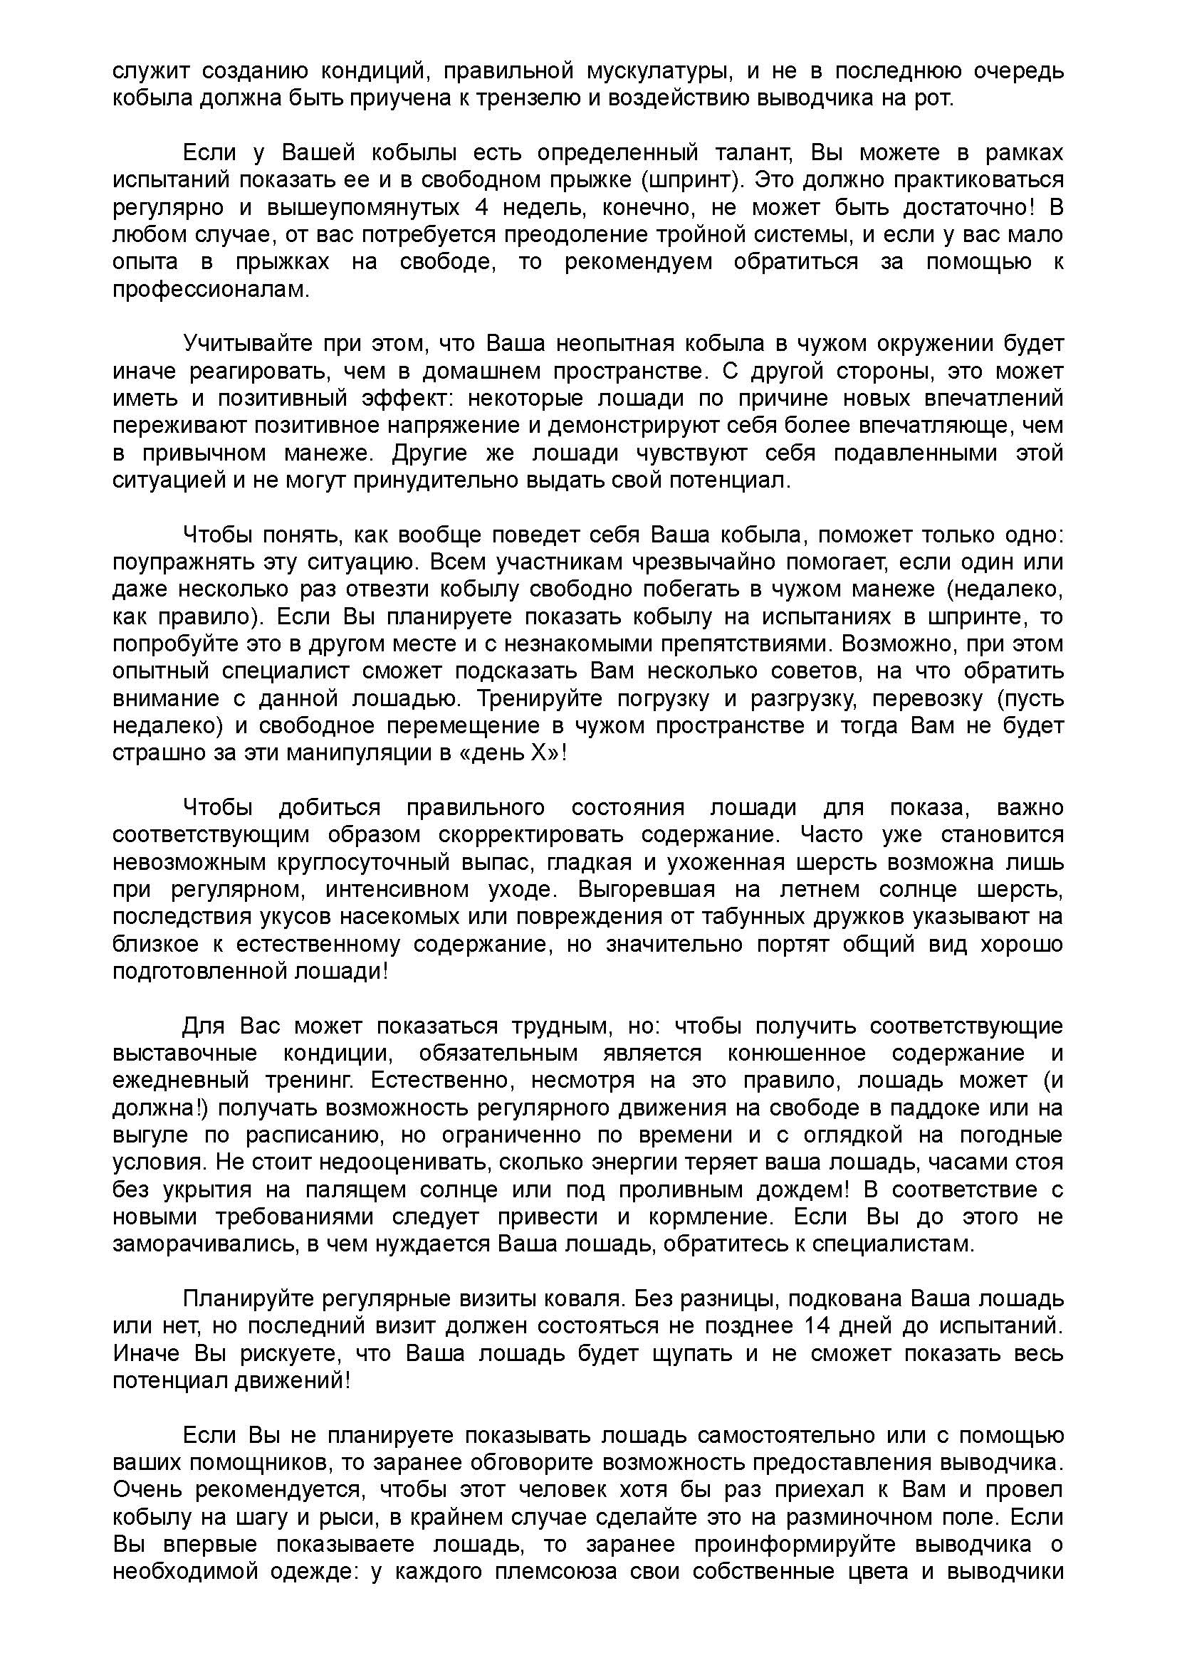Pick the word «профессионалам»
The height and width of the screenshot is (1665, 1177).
coord(210,289)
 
